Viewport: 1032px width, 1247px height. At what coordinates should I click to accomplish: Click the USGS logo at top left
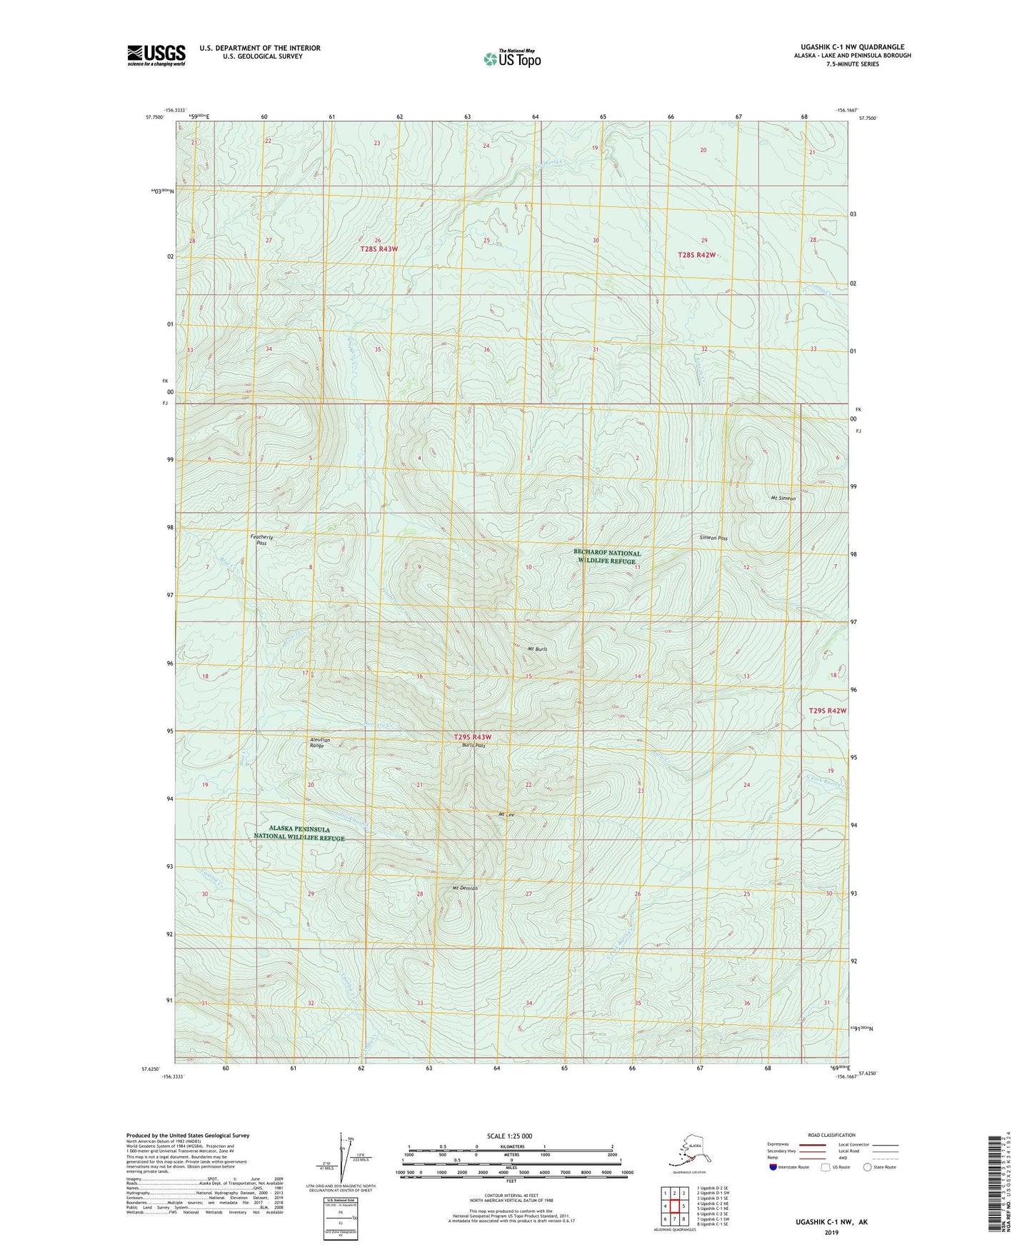point(156,55)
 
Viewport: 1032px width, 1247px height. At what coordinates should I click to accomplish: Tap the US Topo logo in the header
point(511,58)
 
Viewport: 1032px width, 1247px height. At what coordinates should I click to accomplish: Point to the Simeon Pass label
point(713,538)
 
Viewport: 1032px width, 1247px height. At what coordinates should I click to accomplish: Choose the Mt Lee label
point(506,814)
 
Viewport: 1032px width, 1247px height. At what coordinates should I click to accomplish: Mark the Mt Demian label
point(464,888)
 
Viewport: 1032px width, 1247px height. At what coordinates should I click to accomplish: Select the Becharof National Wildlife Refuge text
point(606,556)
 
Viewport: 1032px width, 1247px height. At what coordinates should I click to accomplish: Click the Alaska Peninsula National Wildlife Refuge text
point(299,833)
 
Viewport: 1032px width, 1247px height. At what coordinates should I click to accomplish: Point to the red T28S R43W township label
point(378,249)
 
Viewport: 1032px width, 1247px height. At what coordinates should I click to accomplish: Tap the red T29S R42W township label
point(827,711)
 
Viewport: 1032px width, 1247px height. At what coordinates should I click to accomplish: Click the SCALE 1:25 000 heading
point(509,1136)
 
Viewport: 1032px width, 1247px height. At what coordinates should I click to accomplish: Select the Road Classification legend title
point(831,1135)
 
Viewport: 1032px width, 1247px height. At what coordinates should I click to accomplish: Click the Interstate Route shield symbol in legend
point(773,1167)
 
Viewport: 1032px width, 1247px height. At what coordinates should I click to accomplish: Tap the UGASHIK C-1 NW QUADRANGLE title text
point(848,47)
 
